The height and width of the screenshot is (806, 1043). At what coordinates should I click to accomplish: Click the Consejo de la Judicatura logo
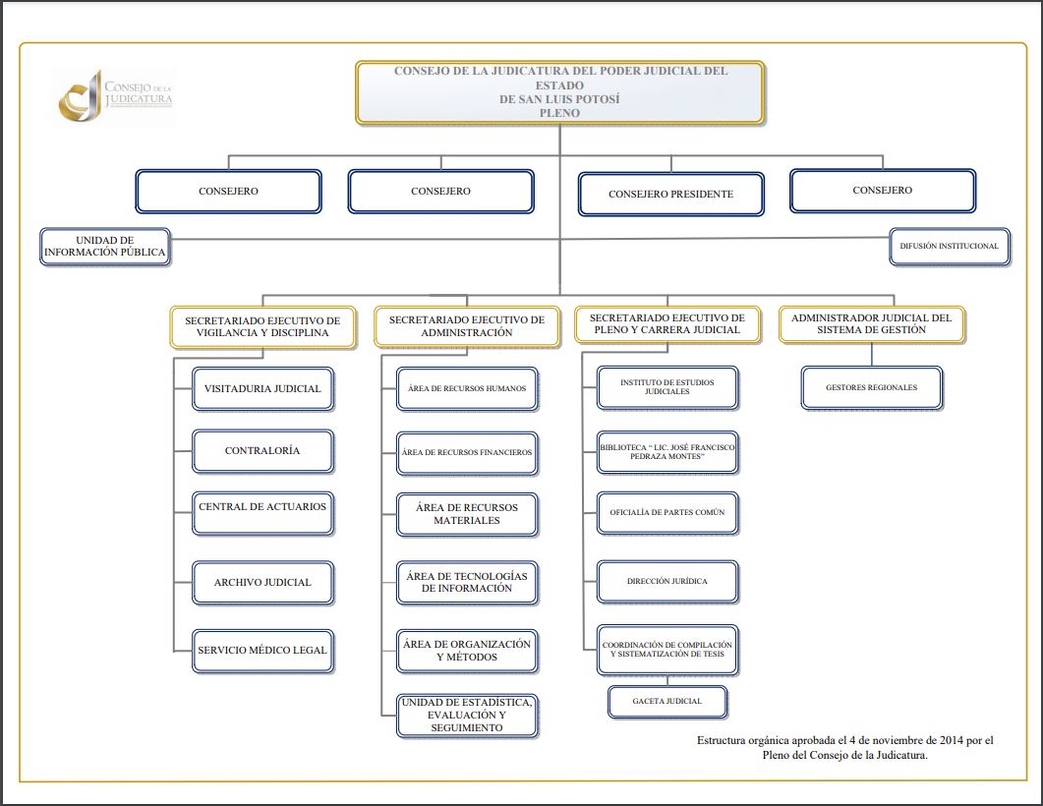115,94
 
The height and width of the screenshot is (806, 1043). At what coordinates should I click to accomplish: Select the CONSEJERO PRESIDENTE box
670,194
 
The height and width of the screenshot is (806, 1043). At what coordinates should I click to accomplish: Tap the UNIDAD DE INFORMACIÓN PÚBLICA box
105,246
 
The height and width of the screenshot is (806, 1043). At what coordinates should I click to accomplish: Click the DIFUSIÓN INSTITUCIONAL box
949,246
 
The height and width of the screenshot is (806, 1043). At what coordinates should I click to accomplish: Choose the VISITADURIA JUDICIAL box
262,388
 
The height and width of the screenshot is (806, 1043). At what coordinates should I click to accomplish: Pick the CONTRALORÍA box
262,451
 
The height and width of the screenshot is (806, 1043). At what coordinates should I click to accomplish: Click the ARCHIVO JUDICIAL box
262,582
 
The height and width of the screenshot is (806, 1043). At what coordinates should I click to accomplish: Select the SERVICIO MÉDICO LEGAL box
262,650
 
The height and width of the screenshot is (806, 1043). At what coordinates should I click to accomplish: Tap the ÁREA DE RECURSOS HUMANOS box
467,388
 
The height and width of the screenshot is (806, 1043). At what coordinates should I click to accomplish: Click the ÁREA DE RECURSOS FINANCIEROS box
467,452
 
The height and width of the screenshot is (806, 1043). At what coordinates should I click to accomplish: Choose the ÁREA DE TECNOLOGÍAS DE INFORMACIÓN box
467,582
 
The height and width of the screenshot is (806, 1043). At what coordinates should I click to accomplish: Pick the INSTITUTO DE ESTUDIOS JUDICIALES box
667,386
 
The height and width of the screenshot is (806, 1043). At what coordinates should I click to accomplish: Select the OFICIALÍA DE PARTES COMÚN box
667,512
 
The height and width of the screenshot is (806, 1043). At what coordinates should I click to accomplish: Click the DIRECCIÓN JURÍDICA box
667,581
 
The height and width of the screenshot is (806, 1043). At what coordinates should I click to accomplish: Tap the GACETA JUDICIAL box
667,701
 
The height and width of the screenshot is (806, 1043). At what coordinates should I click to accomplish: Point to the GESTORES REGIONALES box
871,387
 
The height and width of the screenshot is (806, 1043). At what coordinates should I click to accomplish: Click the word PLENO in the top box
559,113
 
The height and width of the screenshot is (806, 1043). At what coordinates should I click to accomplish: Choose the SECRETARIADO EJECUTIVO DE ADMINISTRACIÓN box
467,326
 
